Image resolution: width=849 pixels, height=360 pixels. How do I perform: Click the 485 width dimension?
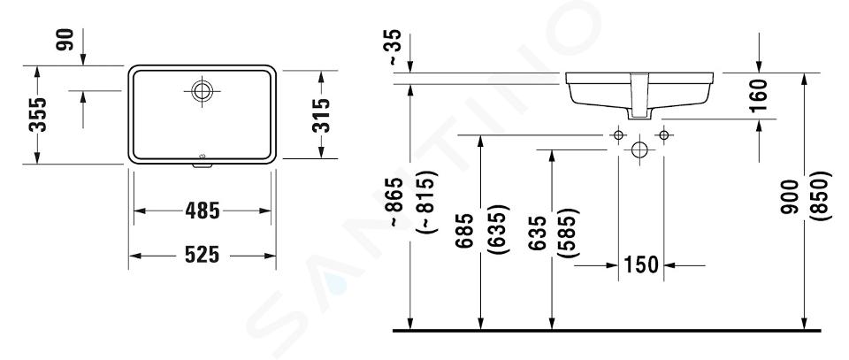(x=202, y=211)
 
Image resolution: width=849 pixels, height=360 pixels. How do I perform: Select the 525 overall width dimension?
(x=202, y=255)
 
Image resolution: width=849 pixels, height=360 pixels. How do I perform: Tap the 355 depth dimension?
(x=38, y=115)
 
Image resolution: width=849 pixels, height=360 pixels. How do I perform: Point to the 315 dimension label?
(x=321, y=115)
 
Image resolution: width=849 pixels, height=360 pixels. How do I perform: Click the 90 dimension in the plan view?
(x=65, y=40)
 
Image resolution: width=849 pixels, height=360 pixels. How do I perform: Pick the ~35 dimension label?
(x=395, y=48)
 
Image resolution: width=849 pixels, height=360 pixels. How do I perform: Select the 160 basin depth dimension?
(x=760, y=96)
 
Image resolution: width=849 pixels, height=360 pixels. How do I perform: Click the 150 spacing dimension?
(x=641, y=264)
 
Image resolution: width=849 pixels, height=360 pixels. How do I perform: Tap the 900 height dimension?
(x=790, y=196)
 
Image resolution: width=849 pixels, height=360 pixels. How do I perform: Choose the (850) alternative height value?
(x=821, y=195)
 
